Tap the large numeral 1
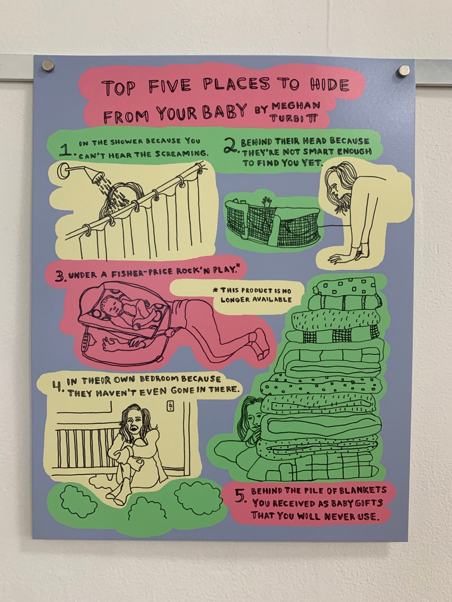coord(66,150)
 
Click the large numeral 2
coord(231,147)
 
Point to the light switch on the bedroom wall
coord(170,406)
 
